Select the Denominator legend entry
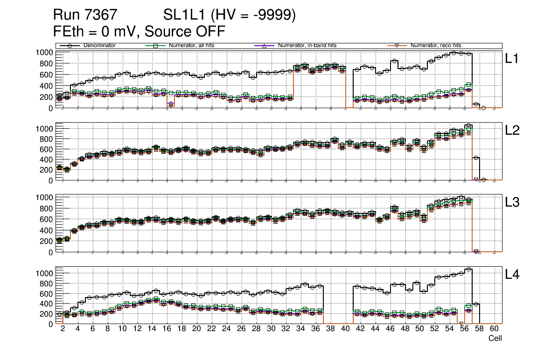click(x=99, y=46)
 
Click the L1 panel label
click(x=512, y=59)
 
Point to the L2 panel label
click(x=512, y=131)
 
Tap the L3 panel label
click(x=512, y=202)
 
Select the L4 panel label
click(x=512, y=275)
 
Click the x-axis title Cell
click(x=495, y=339)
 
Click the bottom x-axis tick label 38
click(x=330, y=329)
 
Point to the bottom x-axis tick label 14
click(x=152, y=329)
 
